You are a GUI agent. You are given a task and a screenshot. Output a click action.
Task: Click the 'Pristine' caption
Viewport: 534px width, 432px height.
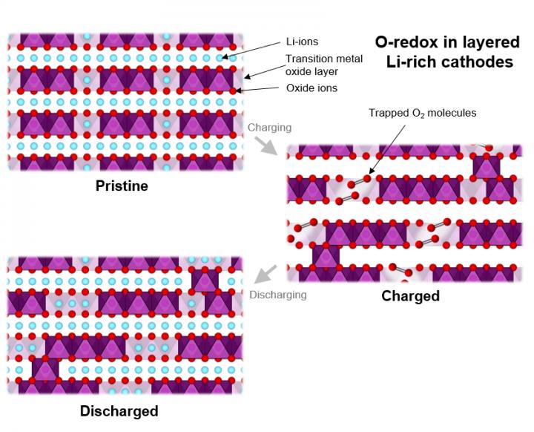tap(122, 186)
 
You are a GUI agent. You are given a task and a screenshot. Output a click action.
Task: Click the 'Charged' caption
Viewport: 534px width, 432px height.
tap(410, 296)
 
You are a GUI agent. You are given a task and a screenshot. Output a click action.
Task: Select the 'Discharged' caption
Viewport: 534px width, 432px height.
tap(119, 410)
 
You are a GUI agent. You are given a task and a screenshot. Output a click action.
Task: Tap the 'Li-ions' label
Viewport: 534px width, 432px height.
tap(302, 42)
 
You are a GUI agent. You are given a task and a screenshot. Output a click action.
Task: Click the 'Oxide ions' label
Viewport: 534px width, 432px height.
tap(311, 88)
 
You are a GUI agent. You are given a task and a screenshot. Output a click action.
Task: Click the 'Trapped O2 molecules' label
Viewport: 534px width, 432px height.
tap(422, 114)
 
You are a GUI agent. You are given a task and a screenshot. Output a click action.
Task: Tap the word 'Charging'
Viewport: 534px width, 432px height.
tap(269, 128)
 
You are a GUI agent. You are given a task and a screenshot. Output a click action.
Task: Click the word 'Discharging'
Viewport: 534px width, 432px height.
tap(278, 295)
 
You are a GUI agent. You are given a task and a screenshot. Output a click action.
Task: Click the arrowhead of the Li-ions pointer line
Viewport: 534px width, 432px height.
tap(222, 57)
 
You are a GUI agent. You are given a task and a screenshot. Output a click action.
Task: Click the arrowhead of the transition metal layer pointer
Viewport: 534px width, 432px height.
tap(244, 77)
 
